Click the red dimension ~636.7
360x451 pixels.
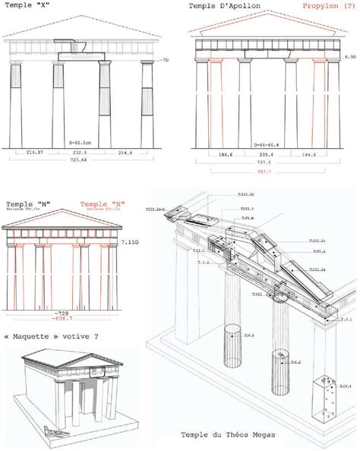click(x=64, y=319)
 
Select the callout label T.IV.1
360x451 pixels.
click(x=346, y=386)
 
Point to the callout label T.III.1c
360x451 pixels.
click(x=318, y=241)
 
